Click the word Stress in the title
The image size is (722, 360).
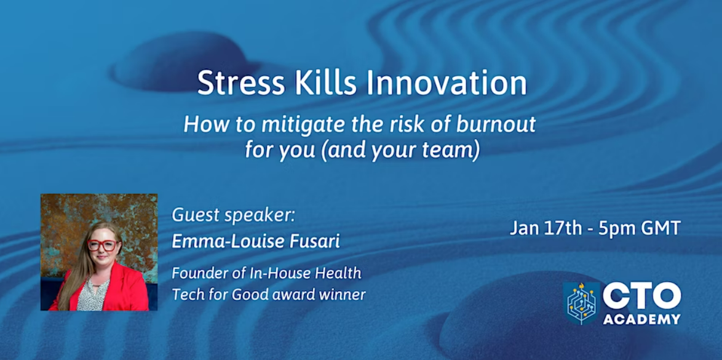coord(236,83)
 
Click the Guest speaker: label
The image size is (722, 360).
coord(233,216)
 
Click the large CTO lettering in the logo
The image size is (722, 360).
coord(641,296)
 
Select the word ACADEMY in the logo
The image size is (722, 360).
coord(641,319)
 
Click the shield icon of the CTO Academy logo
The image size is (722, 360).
coord(582,303)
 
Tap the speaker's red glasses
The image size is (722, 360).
coord(103,245)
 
